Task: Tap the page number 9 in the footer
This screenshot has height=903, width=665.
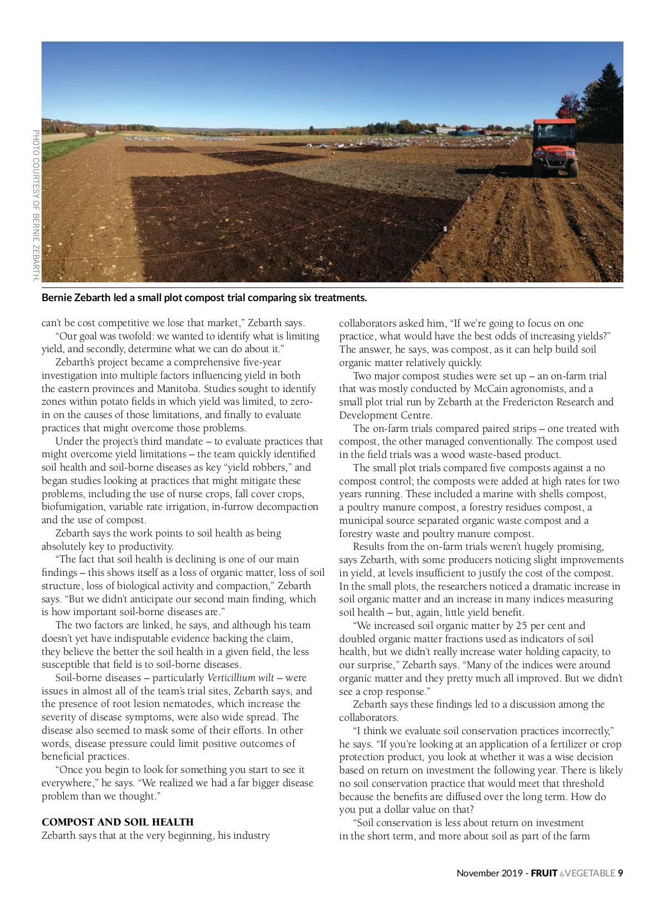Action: point(621,873)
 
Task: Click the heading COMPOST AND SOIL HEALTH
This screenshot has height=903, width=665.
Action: point(117,822)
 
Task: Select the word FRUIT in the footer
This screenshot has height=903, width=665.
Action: point(544,873)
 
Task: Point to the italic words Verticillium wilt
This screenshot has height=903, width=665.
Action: point(241,678)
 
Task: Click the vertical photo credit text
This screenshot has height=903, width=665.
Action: point(36,205)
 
